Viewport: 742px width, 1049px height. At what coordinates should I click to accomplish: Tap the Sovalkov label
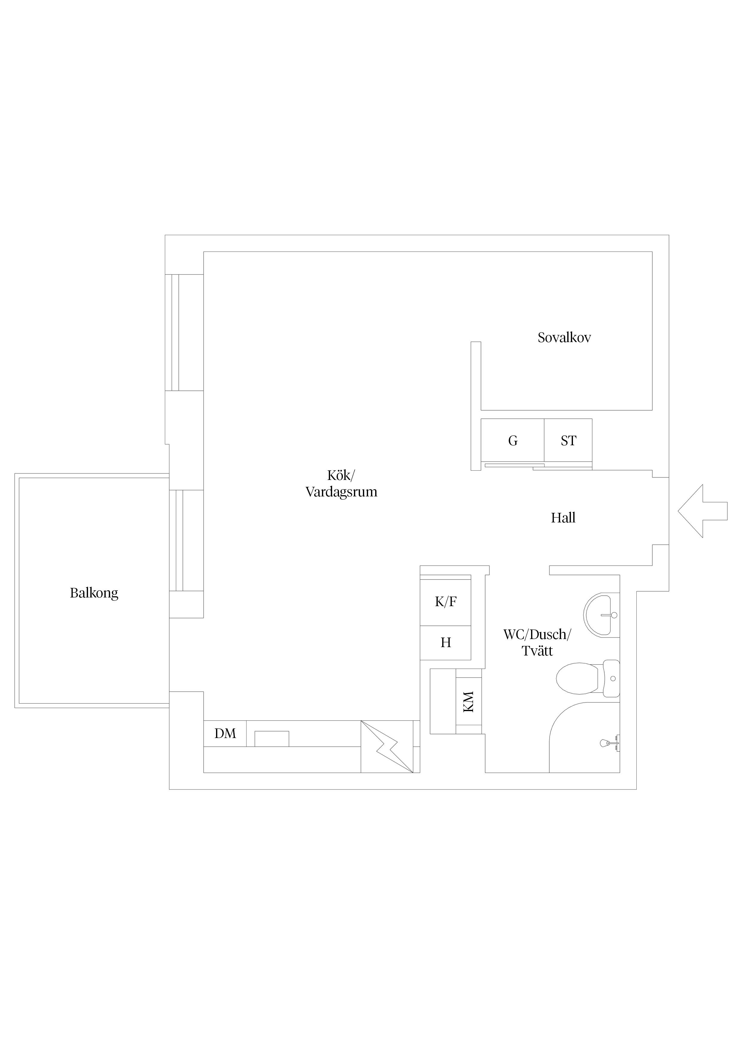click(564, 338)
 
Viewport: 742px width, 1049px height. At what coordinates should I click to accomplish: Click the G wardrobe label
click(513, 441)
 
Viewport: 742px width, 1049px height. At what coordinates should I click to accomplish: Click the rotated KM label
click(469, 701)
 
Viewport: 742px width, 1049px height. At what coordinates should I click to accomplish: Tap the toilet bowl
click(578, 679)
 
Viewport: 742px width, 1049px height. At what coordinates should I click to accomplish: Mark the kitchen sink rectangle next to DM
click(272, 739)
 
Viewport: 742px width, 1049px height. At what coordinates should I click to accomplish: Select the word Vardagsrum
click(341, 493)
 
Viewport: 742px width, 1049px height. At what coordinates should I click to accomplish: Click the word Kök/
click(340, 476)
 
